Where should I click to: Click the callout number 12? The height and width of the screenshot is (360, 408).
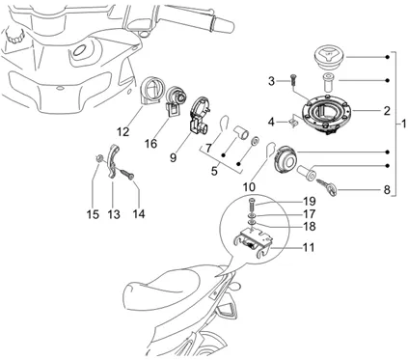[x=122, y=131]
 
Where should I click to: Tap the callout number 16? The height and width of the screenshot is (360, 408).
[x=150, y=144]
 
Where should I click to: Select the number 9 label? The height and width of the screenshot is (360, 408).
[x=173, y=157]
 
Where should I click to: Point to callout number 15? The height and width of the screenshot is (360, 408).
[x=93, y=214]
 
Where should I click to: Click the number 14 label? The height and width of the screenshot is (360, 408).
[x=139, y=213]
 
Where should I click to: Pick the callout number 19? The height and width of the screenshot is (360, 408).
[x=310, y=202]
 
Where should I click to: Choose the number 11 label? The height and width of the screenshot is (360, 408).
[x=309, y=247]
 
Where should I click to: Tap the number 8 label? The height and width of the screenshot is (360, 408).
[x=387, y=190]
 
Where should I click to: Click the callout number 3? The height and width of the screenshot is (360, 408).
[x=272, y=81]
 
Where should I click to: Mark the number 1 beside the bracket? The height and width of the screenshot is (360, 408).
[x=403, y=124]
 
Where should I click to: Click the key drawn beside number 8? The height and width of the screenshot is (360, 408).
[x=326, y=187]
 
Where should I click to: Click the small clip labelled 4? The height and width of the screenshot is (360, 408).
[x=293, y=123]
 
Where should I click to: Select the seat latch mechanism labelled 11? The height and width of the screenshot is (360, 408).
[x=253, y=242]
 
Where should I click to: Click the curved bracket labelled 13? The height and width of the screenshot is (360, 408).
[x=112, y=161]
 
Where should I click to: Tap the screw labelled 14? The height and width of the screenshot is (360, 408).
[x=127, y=174]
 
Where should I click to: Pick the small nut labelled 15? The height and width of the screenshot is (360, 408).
[x=99, y=157]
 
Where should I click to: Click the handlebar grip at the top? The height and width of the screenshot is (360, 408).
[x=223, y=23]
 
